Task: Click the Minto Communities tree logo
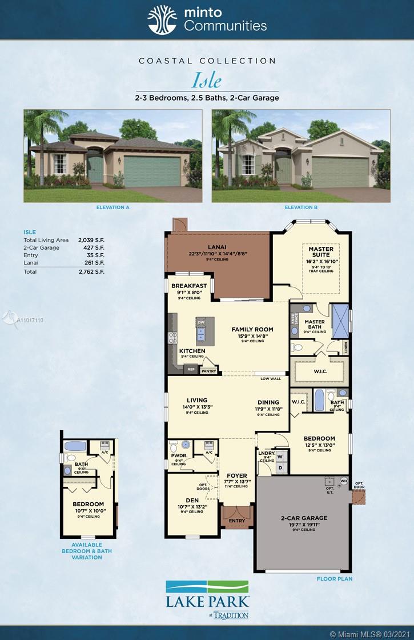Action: (162, 20)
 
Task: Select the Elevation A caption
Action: (112, 207)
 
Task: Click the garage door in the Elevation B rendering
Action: (340, 171)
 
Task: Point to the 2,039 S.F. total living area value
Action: (91, 240)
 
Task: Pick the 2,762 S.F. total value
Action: (91, 272)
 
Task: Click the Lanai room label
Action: (217, 247)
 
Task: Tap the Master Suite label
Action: (321, 252)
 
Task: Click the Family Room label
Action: (252, 329)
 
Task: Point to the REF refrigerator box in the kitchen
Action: (191, 370)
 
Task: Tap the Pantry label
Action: (208, 371)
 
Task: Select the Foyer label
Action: (236, 475)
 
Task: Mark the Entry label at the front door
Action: (236, 521)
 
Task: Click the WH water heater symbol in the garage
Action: (344, 480)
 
